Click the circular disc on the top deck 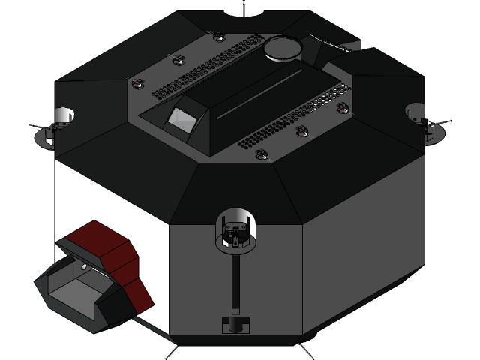(x=283, y=48)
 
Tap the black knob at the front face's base (x=235, y=325)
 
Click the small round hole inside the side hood (x=85, y=267)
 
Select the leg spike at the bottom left (x=172, y=350)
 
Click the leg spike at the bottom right (x=306, y=350)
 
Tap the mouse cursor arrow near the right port (x=430, y=124)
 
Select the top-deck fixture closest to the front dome (x=261, y=154)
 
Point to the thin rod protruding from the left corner (x=36, y=125)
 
